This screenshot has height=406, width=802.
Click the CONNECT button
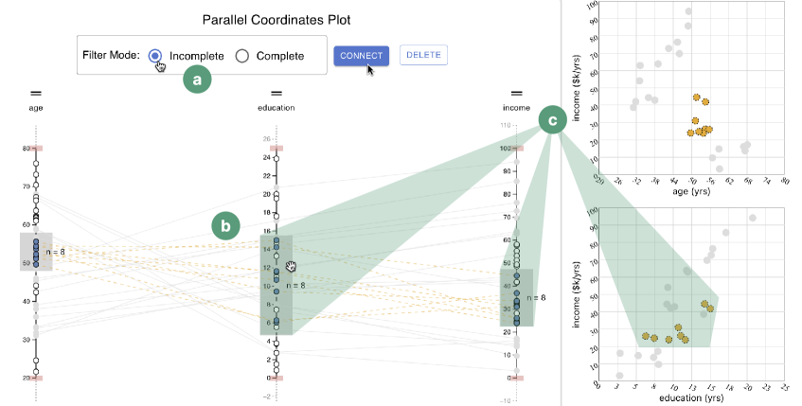[x=361, y=56]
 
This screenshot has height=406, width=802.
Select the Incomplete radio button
[x=157, y=56]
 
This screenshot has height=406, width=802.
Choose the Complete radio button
[x=242, y=56]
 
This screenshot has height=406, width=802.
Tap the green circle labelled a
[x=197, y=80]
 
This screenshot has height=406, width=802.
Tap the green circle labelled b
[x=225, y=225]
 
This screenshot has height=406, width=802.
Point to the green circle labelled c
[x=552, y=118]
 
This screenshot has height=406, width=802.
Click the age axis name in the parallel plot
[x=36, y=108]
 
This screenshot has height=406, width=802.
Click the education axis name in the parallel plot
[x=276, y=108]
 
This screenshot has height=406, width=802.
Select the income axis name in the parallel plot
[x=517, y=108]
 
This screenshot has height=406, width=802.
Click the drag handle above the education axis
[x=276, y=93]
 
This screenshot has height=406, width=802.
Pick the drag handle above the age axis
[x=36, y=93]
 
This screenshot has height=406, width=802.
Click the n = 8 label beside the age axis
[x=56, y=252]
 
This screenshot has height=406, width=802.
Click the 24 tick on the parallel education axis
[x=267, y=158]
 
